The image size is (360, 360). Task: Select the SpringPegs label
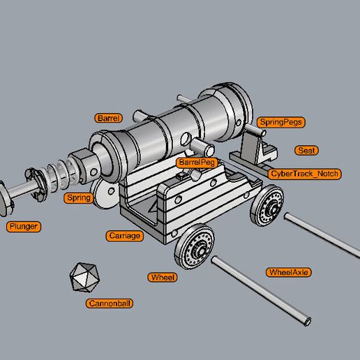click(x=281, y=122)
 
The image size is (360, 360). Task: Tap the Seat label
click(x=306, y=150)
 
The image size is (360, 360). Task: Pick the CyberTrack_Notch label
click(x=304, y=173)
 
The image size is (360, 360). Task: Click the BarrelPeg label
click(x=197, y=162)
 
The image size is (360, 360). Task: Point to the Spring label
click(x=79, y=198)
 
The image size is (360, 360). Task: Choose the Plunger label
click(x=23, y=226)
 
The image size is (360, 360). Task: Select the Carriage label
click(x=125, y=236)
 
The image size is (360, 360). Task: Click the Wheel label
click(x=163, y=277)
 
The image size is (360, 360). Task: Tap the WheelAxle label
click(x=288, y=272)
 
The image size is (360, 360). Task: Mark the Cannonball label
click(x=110, y=303)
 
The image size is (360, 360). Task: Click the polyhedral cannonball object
click(x=84, y=277)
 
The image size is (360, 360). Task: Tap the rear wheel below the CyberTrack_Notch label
click(x=268, y=207)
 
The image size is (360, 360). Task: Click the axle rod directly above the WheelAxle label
click(x=321, y=234)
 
